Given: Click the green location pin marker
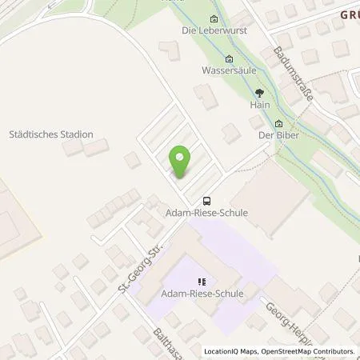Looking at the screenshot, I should (x=181, y=162).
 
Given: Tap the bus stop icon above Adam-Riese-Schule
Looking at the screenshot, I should (x=207, y=201).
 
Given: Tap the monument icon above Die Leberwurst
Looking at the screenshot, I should (x=213, y=19).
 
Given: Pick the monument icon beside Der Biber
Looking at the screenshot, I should (x=279, y=124).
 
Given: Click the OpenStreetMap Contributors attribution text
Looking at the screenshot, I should (x=312, y=351).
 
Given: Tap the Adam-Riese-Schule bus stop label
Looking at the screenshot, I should (x=207, y=214).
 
